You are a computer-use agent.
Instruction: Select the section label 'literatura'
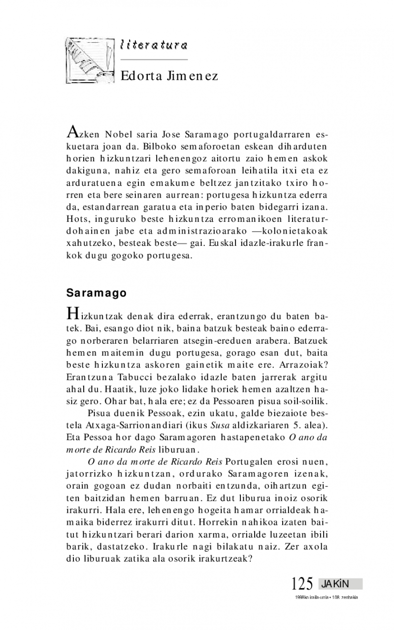pyautogui.click(x=154, y=45)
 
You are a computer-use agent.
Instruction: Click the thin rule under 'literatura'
pyautogui.click(x=154, y=60)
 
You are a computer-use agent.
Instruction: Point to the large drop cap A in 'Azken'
pyautogui.click(x=71, y=132)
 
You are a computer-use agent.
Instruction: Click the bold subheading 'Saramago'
pyautogui.click(x=97, y=293)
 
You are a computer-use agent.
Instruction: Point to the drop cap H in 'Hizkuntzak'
pyautogui.click(x=72, y=312)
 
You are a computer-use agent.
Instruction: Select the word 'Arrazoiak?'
pyautogui.click(x=304, y=366)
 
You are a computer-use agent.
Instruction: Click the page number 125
pyautogui.click(x=302, y=584)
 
